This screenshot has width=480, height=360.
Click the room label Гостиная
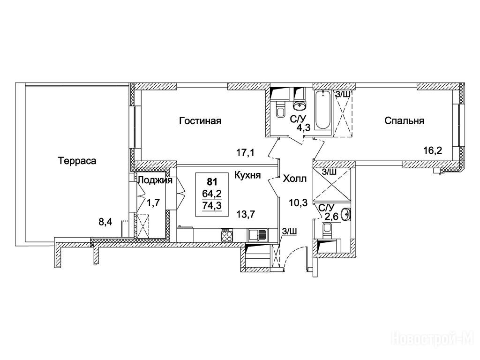pyautogui.click(x=200, y=121)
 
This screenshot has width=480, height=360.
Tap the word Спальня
pyautogui.click(x=404, y=121)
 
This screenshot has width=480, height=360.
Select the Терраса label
pyautogui.click(x=77, y=161)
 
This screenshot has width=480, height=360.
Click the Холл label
pyautogui.click(x=295, y=179)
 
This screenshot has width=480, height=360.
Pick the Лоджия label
pyautogui.click(x=155, y=180)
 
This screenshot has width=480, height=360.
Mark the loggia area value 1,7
pyautogui.click(x=153, y=202)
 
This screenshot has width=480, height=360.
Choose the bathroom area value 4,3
pyautogui.click(x=297, y=127)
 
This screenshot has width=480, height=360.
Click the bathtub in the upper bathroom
pyautogui.click(x=323, y=112)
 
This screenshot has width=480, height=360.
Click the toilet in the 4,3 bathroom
pyautogui.click(x=280, y=112)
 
